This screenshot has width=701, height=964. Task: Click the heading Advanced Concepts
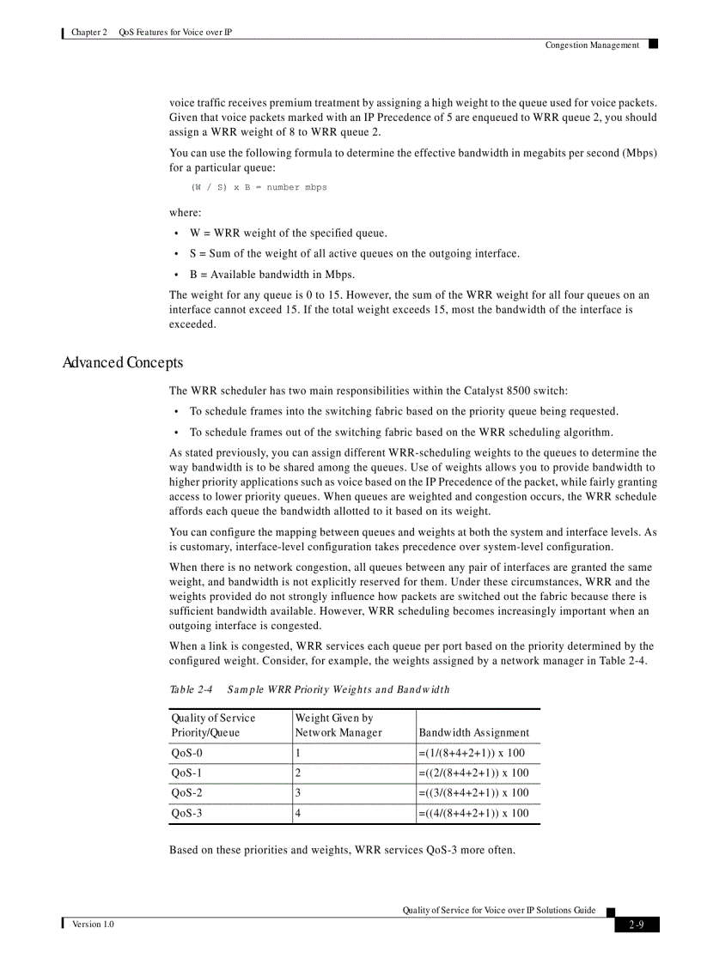[122, 363]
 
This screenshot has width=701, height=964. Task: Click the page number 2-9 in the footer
[637, 925]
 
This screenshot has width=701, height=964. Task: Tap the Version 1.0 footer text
[93, 924]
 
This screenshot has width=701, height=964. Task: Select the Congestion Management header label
[592, 45]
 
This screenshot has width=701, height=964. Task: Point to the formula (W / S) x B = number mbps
[259, 187]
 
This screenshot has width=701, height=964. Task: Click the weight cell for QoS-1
[298, 773]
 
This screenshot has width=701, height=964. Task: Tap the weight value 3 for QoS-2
[298, 793]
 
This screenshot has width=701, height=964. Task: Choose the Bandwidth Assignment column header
[473, 732]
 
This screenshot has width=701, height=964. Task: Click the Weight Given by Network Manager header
[338, 725]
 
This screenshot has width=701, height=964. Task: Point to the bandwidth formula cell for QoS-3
[473, 813]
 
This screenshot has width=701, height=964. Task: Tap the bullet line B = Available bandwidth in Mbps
[272, 275]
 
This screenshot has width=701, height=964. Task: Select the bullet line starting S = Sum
[354, 254]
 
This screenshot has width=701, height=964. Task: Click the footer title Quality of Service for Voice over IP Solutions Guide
[498, 910]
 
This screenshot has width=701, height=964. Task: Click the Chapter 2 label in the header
[89, 33]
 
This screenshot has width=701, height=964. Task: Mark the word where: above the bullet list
[185, 212]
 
